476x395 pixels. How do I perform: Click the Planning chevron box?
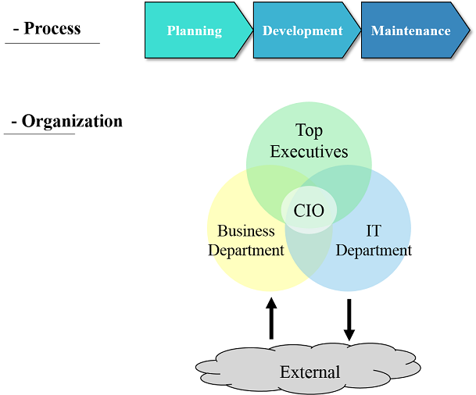coord(195,31)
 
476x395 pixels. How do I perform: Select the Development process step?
coord(303,31)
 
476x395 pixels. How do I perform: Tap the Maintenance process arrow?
coord(411,31)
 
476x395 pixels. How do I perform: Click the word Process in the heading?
coord(52,29)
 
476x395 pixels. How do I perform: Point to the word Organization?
coord(72,121)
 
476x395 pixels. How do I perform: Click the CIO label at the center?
coord(309,211)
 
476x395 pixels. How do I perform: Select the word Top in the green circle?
coord(309,130)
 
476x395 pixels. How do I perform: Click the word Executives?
coord(309,151)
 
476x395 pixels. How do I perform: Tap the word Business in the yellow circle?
coord(246,231)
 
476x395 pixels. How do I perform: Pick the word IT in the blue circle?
coord(374,231)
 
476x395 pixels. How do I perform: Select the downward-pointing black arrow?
coord(349,318)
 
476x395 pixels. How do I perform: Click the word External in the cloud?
coord(310,372)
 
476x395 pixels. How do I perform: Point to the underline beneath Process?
coord(52,43)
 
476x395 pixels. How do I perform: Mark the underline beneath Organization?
coord(39,133)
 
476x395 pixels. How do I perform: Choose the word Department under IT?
coord(374,251)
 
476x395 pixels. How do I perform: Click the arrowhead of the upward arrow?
coord(271,302)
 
